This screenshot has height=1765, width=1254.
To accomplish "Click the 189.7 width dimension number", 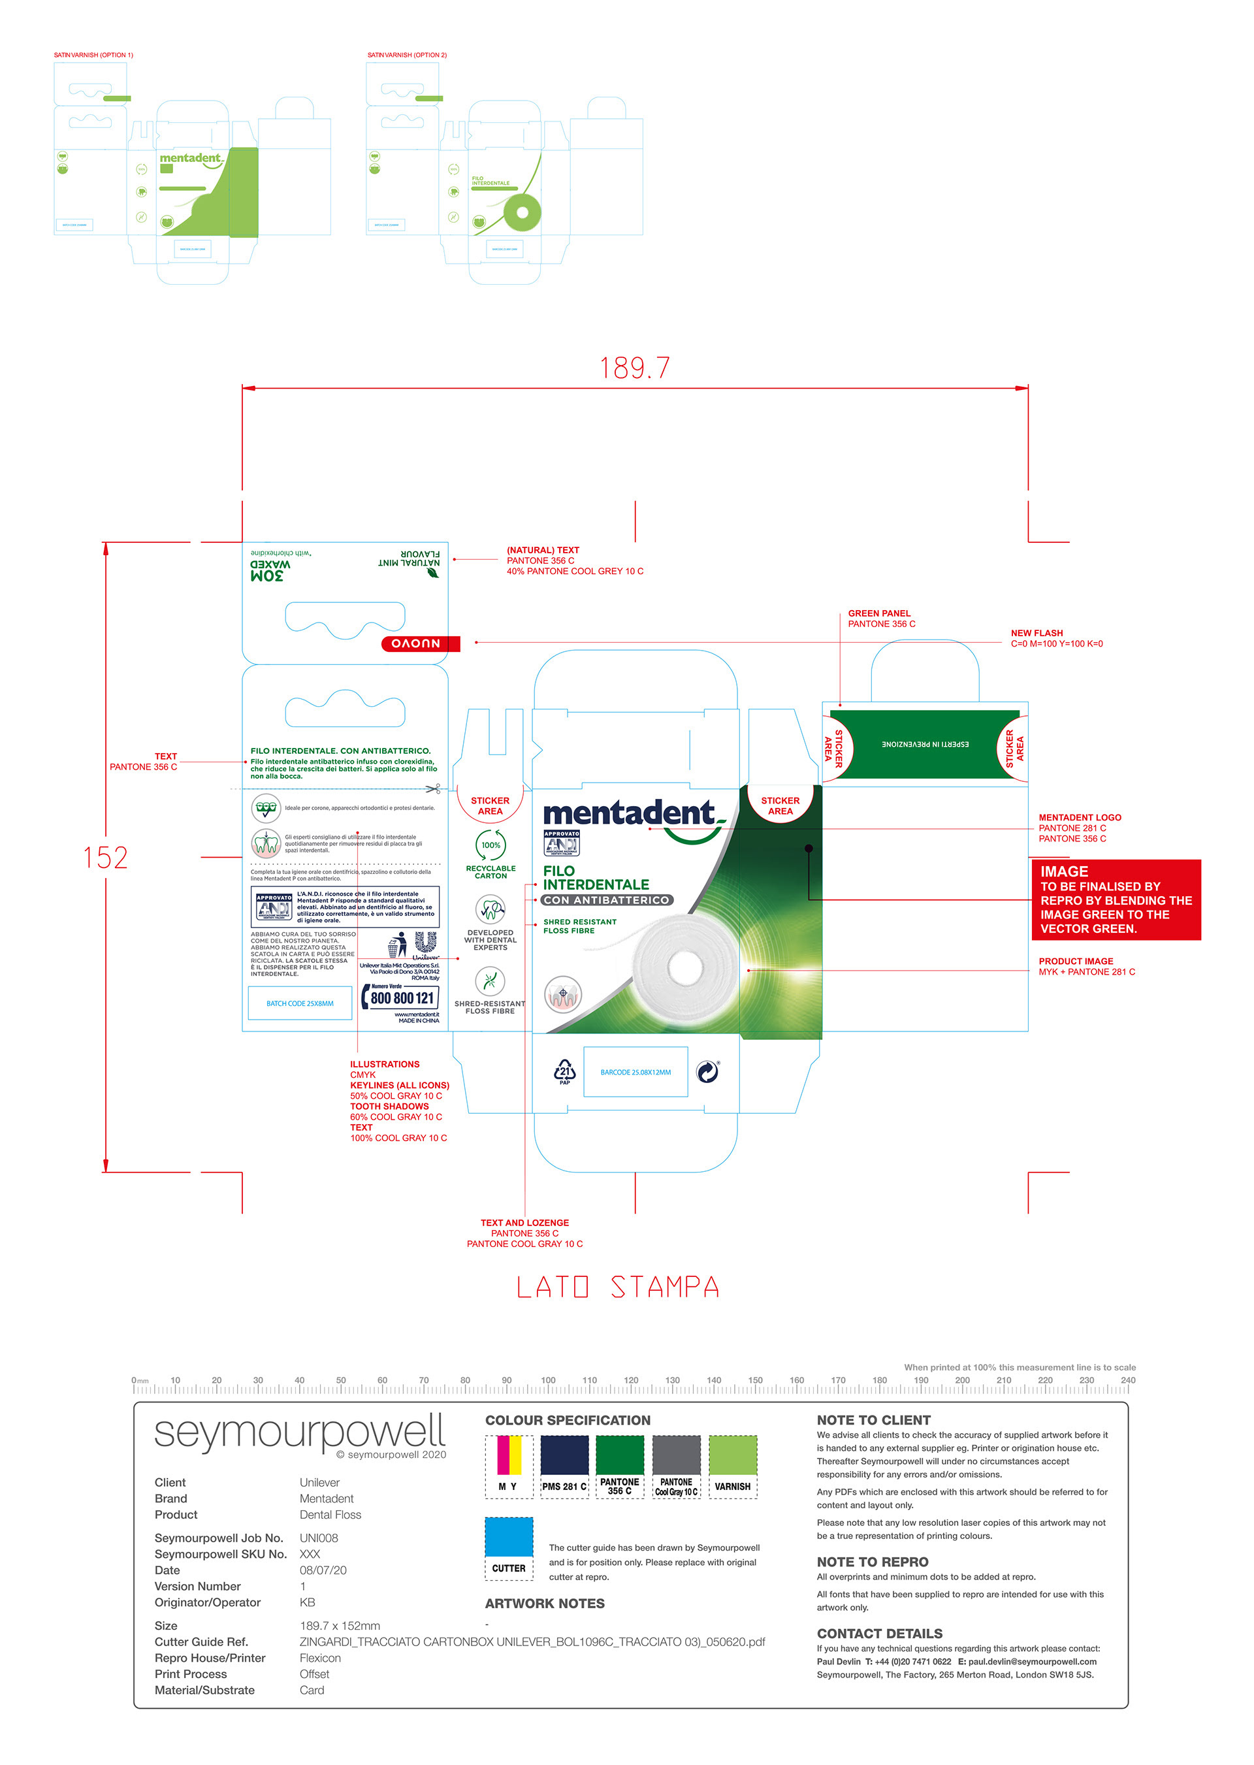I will click(x=635, y=368).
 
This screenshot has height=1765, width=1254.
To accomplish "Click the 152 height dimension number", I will click(x=105, y=858).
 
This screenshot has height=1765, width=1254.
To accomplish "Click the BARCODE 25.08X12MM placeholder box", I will click(x=635, y=1072).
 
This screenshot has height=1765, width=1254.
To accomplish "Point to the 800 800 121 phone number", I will click(x=402, y=997).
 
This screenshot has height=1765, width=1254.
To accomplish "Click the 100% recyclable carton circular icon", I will click(x=490, y=845).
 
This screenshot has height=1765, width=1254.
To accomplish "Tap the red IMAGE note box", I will click(x=1116, y=899).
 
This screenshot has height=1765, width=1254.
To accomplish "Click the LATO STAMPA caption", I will click(x=618, y=1287).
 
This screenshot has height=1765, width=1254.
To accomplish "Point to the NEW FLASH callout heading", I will click(x=1037, y=633).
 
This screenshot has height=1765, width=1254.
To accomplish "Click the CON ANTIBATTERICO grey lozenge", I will click(x=607, y=900).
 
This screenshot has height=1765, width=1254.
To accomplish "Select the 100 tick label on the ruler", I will click(x=547, y=1380).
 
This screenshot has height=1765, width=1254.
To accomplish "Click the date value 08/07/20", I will click(x=323, y=1570).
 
